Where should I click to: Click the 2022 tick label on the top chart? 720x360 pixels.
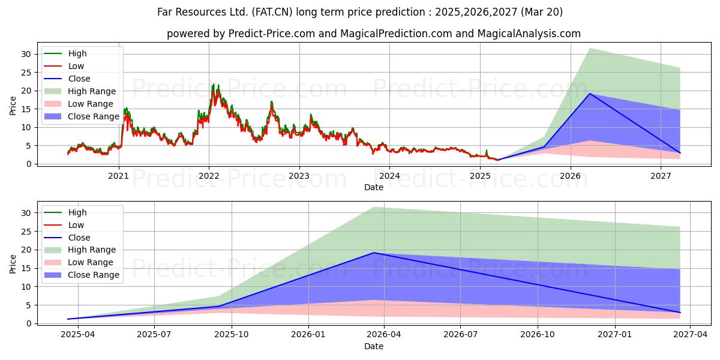[209, 176]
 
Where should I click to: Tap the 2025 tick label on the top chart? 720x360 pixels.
[480, 176]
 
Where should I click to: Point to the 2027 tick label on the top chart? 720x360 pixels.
[661, 176]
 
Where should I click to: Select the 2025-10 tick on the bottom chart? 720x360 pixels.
[232, 335]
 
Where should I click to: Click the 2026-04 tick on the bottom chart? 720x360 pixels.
[384, 335]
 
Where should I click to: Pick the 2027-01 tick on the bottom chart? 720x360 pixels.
[615, 335]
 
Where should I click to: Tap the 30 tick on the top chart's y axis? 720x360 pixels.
[26, 54]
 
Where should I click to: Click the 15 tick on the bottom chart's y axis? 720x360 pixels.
[26, 268]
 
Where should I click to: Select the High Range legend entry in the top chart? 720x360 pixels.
[80, 91]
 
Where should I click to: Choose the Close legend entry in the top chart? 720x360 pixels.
[67, 79]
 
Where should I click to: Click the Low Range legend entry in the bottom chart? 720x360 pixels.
[79, 262]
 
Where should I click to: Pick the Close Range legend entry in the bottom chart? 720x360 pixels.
[82, 275]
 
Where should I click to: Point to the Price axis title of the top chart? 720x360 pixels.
[13, 106]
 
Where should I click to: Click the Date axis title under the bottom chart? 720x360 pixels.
[373, 346]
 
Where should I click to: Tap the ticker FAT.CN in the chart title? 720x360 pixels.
[272, 12]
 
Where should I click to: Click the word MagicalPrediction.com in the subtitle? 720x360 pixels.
[396, 34]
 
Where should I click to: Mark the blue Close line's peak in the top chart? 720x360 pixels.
[589, 94]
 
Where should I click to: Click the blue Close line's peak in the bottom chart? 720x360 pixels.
[374, 253]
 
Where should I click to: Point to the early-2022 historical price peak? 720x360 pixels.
[213, 84]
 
